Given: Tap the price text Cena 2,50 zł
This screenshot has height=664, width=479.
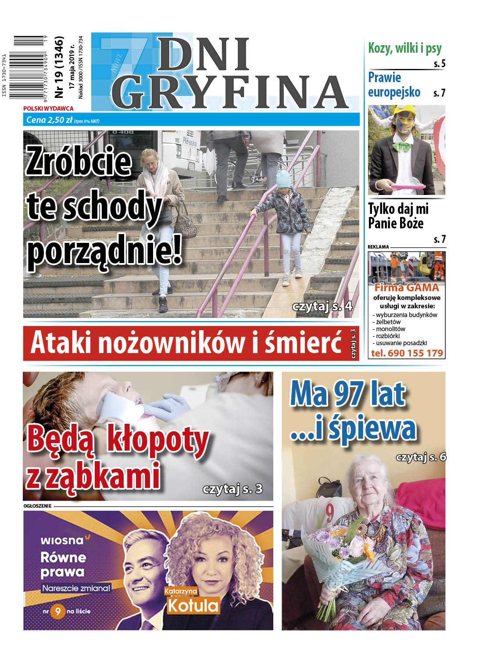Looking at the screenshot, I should [x=49, y=120].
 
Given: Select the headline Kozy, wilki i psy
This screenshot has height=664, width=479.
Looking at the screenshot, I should [x=404, y=48].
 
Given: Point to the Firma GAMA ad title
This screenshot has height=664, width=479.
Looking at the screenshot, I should [x=406, y=288].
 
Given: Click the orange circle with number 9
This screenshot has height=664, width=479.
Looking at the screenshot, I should [x=57, y=611].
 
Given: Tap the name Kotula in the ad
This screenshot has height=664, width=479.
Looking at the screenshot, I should [x=193, y=606].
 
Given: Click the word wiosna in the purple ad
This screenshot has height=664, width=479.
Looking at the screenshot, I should [x=62, y=540].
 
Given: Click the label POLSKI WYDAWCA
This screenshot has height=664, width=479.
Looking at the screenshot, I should [x=48, y=108].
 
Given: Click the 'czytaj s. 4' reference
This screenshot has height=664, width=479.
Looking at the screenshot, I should [x=322, y=306].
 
